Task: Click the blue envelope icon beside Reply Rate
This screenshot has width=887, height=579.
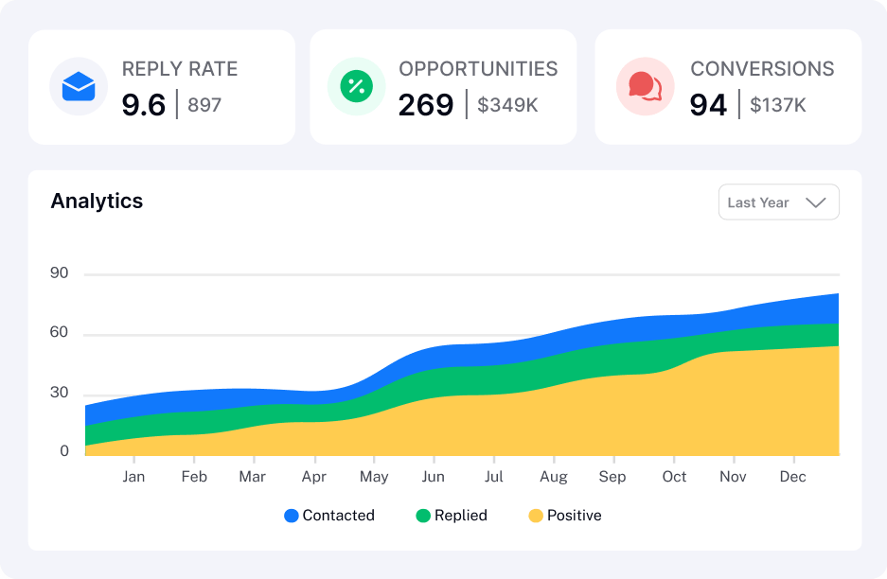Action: point(79,86)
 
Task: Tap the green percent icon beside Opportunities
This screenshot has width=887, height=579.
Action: point(356,86)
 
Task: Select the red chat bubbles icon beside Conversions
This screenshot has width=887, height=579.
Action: point(646,86)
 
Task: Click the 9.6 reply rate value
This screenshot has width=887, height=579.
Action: point(144,105)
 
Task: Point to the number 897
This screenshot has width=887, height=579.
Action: point(204,105)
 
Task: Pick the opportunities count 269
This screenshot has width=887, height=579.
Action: point(426,105)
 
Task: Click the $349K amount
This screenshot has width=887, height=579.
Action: point(507,105)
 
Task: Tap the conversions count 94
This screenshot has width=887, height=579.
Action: point(708,105)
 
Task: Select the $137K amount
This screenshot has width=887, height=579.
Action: point(778,105)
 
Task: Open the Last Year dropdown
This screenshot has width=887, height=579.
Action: point(779,202)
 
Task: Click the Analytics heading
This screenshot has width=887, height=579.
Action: point(97,202)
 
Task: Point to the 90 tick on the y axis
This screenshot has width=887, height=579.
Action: point(59,273)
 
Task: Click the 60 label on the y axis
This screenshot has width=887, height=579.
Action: point(59,332)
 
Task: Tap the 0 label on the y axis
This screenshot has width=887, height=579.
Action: point(64,450)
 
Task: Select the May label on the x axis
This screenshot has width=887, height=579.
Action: point(374,477)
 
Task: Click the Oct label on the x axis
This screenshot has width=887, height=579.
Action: point(674,477)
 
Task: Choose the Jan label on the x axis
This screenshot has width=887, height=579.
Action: point(133,477)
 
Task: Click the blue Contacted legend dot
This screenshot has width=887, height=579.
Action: point(292,516)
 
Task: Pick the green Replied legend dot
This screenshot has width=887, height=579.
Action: point(423,516)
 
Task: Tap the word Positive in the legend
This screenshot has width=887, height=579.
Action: point(575,515)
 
